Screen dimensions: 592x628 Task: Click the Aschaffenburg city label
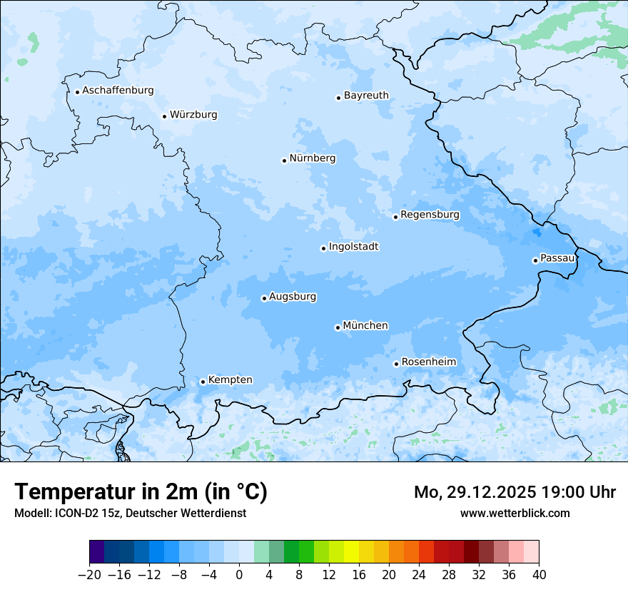(118, 91)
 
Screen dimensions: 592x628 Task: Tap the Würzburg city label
(193, 115)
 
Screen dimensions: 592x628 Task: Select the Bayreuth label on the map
(366, 96)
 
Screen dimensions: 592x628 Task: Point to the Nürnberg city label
(312, 158)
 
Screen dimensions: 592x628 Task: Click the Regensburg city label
(430, 215)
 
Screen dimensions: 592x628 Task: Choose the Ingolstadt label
(353, 247)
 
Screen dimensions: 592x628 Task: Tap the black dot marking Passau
(535, 260)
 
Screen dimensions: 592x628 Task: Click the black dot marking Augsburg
(264, 298)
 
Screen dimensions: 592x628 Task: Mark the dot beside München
(338, 327)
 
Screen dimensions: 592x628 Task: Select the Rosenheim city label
(428, 362)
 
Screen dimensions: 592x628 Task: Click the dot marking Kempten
(203, 382)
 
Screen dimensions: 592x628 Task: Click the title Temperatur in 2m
(141, 491)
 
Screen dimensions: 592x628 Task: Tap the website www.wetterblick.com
(515, 513)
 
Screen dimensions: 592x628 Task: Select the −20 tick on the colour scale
(89, 575)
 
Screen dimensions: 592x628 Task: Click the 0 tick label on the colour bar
(239, 575)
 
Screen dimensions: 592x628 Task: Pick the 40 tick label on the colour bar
(539, 575)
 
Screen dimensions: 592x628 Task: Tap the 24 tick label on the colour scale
(419, 575)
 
